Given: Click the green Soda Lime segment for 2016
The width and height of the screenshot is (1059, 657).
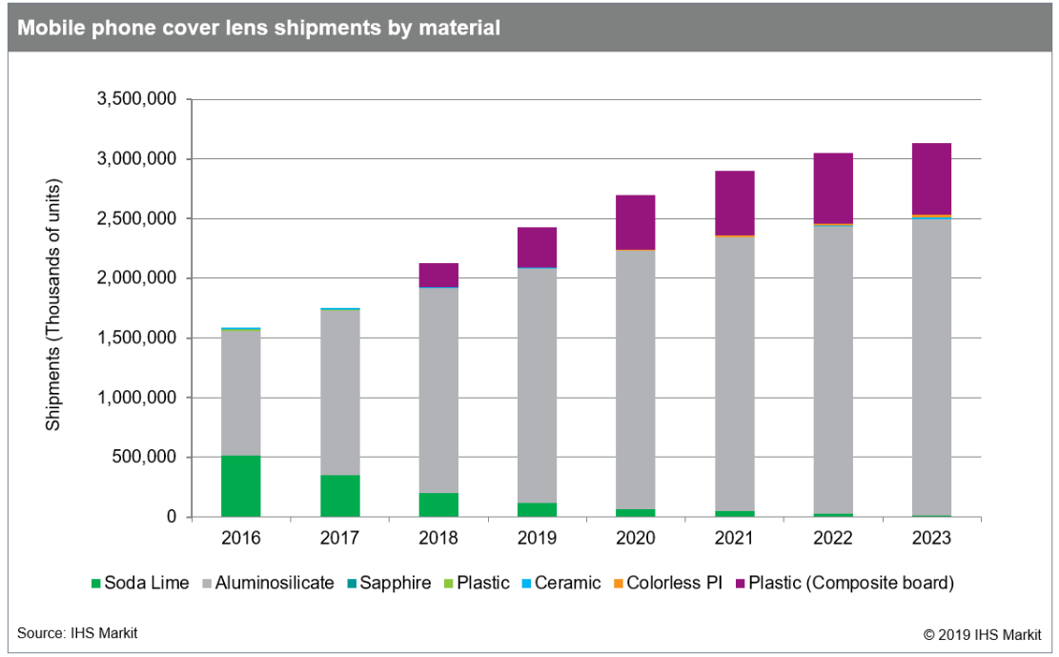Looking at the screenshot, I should click(240, 486).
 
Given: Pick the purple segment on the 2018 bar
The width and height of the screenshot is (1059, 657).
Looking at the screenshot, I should click(438, 275).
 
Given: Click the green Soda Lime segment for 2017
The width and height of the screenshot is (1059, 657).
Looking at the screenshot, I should click(339, 496).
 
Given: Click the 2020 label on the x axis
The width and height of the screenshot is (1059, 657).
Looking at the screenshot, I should click(636, 539).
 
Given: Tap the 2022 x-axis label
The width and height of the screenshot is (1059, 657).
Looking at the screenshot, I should click(833, 539).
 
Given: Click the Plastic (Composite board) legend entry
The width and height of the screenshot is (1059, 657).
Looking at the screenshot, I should click(848, 583).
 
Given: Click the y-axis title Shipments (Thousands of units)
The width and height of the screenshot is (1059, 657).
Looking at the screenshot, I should click(53, 304).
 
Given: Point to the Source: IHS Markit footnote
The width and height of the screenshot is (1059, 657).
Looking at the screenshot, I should click(76, 632).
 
